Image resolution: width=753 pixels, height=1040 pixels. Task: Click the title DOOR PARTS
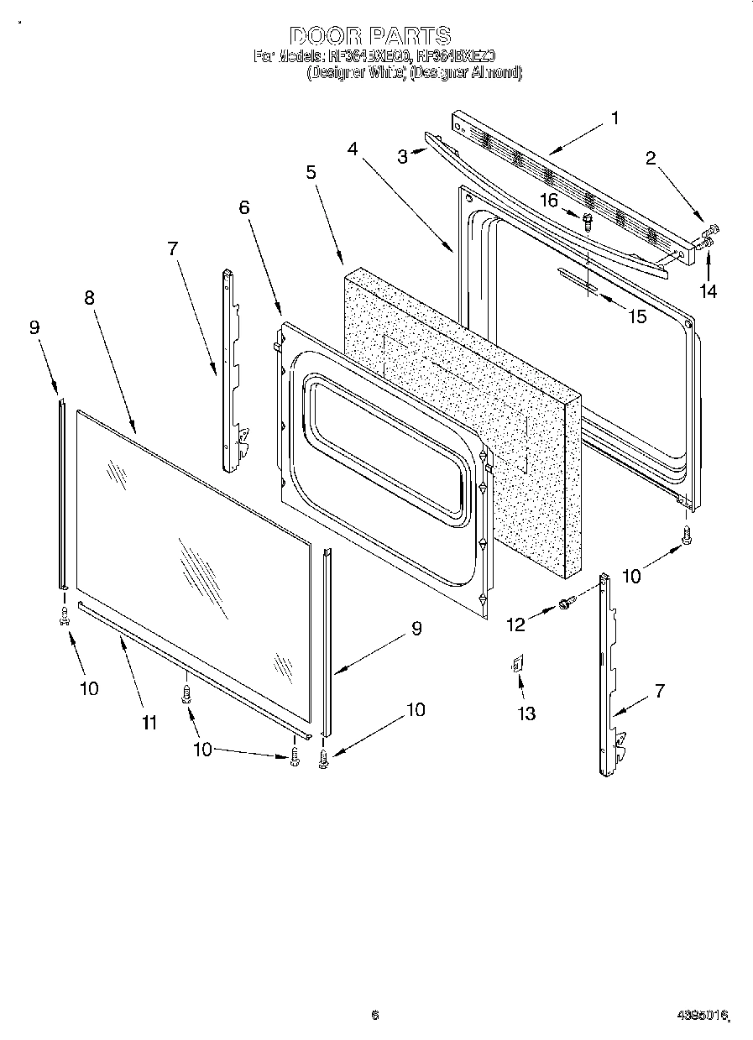click(370, 35)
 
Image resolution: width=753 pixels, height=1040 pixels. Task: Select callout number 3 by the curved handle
click(403, 156)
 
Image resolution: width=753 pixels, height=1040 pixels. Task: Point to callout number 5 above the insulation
click(311, 172)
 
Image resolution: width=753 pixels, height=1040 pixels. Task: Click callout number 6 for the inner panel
click(244, 207)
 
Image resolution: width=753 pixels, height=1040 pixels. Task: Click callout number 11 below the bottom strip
click(149, 722)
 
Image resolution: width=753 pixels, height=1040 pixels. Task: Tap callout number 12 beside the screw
click(515, 624)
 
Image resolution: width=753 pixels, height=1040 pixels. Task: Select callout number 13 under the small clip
click(526, 713)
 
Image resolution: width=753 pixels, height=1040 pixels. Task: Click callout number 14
click(709, 291)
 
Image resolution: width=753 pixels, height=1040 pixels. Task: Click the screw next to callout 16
click(588, 221)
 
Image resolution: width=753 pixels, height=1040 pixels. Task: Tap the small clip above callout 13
click(517, 665)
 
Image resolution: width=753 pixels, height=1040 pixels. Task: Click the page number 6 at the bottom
click(374, 1015)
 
